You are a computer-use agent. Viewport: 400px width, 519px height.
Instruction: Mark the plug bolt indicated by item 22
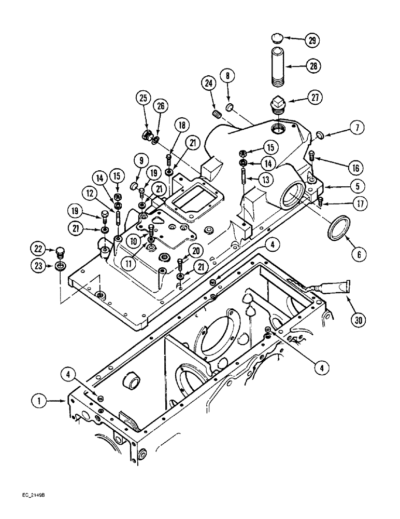60,252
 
